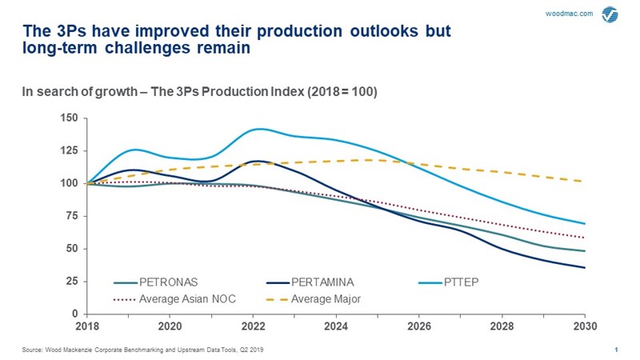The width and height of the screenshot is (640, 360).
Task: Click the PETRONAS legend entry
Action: (167, 282)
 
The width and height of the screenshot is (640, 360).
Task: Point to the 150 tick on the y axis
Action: (70, 118)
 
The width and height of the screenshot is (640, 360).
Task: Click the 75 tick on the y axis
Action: (72, 216)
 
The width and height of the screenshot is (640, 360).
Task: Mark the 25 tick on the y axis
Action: (72, 282)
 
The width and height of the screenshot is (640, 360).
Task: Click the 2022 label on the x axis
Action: (254, 326)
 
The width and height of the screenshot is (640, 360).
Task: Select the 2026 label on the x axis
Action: (419, 326)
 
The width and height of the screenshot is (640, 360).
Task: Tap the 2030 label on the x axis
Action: (585, 326)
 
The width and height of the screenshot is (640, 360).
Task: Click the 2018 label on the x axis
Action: (88, 326)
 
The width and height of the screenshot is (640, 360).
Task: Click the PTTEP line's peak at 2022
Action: (258, 129)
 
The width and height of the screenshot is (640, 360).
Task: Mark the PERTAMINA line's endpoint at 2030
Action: (585, 268)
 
